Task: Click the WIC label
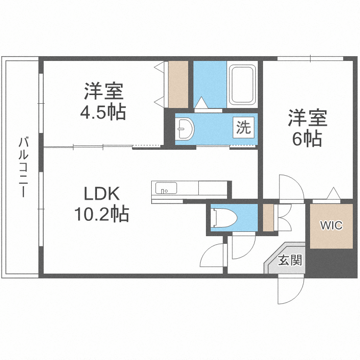tap(332, 225)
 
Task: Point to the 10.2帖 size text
tap(101, 214)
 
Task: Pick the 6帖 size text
tap(307, 139)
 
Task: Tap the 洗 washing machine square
tap(244, 128)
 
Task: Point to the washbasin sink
tap(184, 128)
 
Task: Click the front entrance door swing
tap(290, 291)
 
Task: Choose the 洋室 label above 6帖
tap(307, 118)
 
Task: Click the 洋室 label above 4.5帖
tap(103, 91)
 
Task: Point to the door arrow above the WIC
tap(332, 193)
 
